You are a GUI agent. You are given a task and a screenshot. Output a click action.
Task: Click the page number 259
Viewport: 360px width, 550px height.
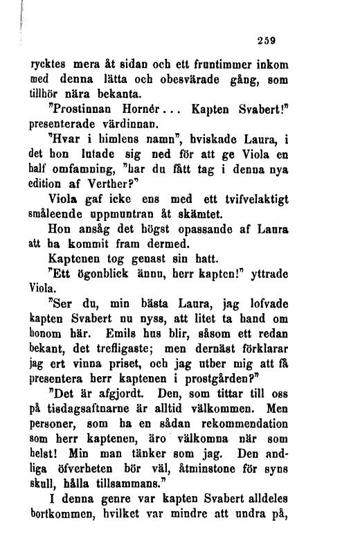(x=267, y=41)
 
